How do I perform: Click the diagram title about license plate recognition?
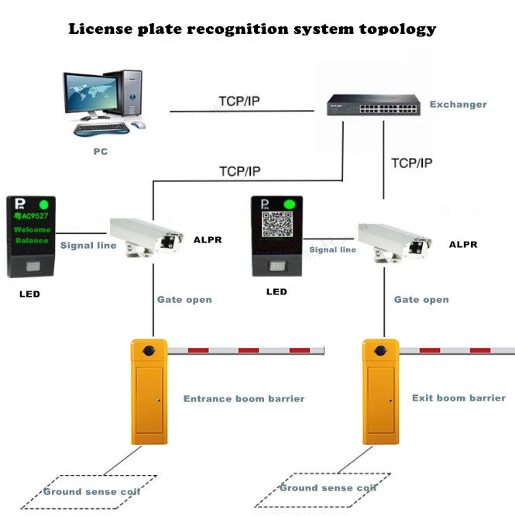tap(252, 29)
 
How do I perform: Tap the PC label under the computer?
tap(100, 152)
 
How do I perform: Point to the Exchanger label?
tap(458, 104)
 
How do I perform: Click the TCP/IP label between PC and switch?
tap(239, 101)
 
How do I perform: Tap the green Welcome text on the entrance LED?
tap(32, 229)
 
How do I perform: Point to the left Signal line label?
tap(88, 246)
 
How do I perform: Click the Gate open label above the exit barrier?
tap(421, 299)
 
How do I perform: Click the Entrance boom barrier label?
tap(243, 399)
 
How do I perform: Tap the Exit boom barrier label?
tap(458, 398)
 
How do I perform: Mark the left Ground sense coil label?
tap(91, 492)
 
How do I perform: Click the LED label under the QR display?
tap(276, 292)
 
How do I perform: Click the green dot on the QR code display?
tap(291, 205)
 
